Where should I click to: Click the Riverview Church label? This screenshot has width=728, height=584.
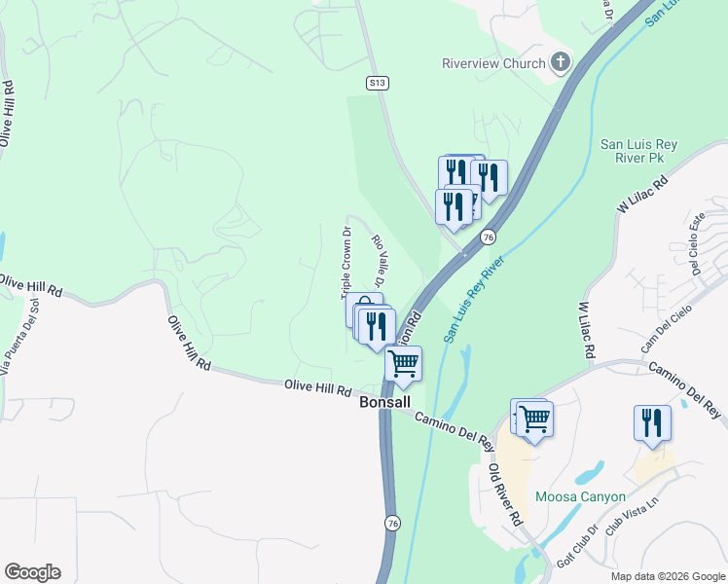(x=493, y=64)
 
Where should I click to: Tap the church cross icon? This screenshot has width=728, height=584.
(x=560, y=63)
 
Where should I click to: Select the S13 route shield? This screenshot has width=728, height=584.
(x=378, y=84)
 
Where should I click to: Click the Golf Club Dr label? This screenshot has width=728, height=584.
(x=578, y=549)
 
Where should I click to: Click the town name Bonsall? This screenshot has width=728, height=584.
(x=385, y=401)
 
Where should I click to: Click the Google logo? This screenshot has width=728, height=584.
(x=32, y=572)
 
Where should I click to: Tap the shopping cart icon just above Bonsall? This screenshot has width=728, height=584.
(x=403, y=364)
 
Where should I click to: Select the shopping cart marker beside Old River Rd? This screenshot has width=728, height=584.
(x=534, y=419)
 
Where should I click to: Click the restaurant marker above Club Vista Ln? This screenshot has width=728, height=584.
(x=652, y=422)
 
